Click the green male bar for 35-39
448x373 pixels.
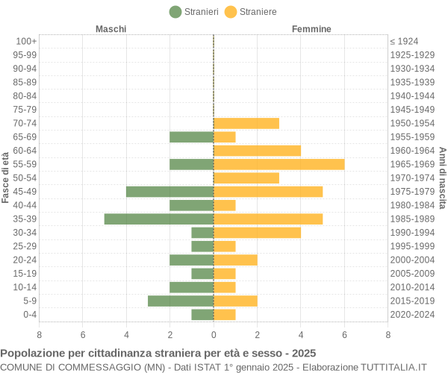pyautogui.click(x=159, y=219)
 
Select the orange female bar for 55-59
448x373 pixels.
pyautogui.click(x=279, y=164)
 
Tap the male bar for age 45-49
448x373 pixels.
pyautogui.click(x=169, y=192)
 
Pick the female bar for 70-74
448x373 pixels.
pyautogui.click(x=246, y=123)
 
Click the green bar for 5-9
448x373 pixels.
pyautogui.click(x=181, y=301)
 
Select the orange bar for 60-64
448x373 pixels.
pyautogui.click(x=257, y=151)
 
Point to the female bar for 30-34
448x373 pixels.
pyautogui.click(x=257, y=233)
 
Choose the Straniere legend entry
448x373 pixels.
pyautogui.click(x=251, y=11)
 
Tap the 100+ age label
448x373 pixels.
pyautogui.click(x=26, y=41)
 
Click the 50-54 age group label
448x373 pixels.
pyautogui.click(x=25, y=178)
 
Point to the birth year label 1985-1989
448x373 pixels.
pyautogui.click(x=412, y=219)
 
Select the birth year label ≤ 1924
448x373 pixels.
pyautogui.click(x=404, y=41)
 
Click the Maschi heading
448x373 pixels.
pyautogui.click(x=111, y=29)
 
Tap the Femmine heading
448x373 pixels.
pyautogui.click(x=311, y=29)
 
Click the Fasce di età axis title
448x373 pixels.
pyautogui.click(x=6, y=178)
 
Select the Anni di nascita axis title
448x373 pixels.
pyautogui.click(x=442, y=178)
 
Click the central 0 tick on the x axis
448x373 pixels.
pyautogui.click(x=214, y=335)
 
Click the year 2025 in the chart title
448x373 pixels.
pyautogui.click(x=304, y=353)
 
